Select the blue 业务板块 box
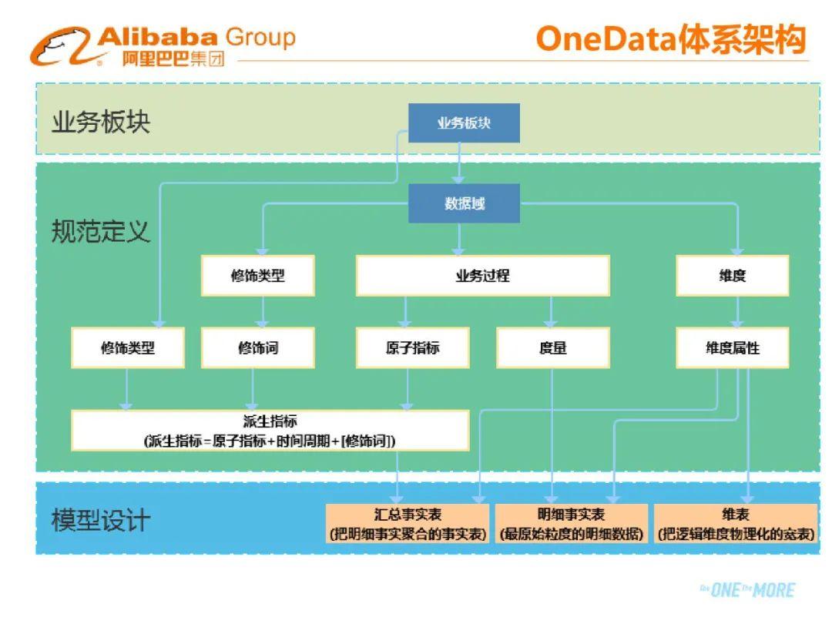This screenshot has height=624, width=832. point(464,123)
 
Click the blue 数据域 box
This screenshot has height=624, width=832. point(464,203)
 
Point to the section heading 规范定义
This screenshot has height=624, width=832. point(100,231)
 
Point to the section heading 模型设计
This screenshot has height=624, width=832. point(100,521)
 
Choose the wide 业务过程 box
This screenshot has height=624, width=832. point(482,276)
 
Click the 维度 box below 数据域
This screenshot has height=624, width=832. point(732,276)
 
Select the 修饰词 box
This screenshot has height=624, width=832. point(257,348)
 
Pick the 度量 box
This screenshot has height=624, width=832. point(552,348)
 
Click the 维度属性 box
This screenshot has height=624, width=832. point(732,348)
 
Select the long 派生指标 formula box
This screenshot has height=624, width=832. point(270,431)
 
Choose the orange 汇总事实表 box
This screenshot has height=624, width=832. point(408,524)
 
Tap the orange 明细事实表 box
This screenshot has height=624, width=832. point(571,524)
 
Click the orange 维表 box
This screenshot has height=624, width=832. point(735,524)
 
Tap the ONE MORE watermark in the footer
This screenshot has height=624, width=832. point(746,590)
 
